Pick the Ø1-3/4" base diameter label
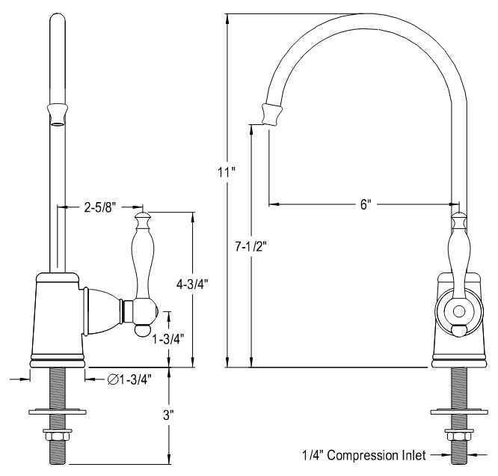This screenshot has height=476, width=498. pos(129,379)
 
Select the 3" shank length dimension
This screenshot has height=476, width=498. pos(170,413)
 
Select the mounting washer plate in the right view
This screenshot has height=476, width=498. pos(458,410)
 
